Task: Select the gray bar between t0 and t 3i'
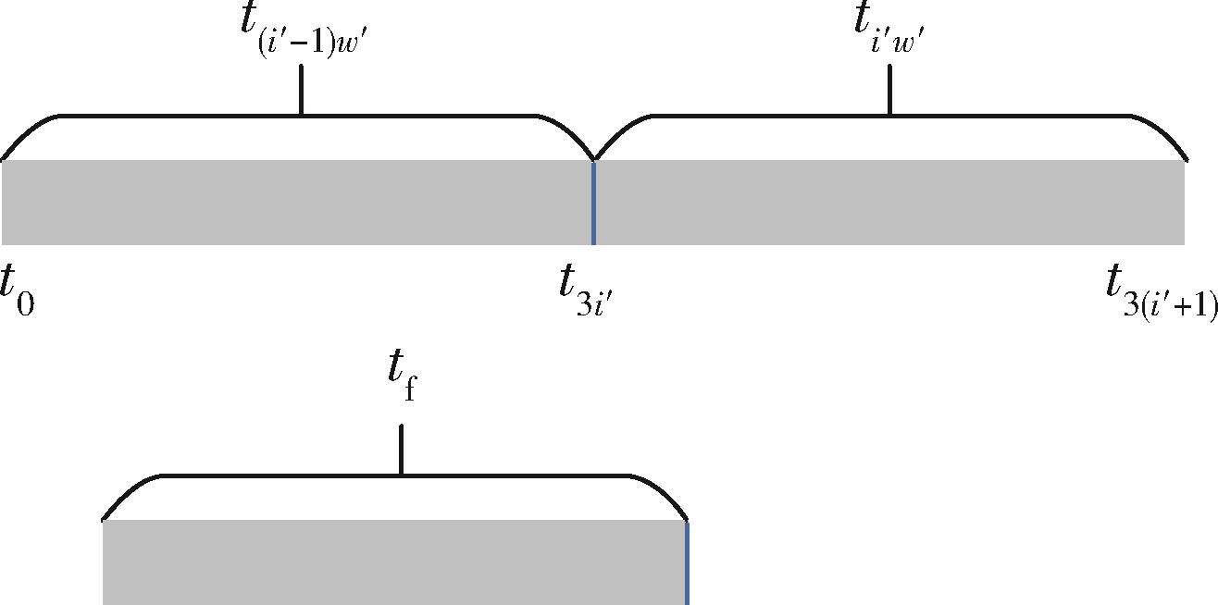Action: point(296,203)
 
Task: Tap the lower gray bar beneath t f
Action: point(393,562)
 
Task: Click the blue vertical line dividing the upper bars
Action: point(593,203)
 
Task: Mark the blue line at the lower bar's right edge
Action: point(687,562)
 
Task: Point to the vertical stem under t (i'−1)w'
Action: point(302,95)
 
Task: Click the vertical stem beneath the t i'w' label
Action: point(890,95)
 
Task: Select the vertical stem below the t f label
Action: point(401,451)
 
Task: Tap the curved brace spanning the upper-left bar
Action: point(185,117)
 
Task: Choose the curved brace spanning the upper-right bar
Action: point(1018,117)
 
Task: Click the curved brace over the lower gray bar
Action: point(278,475)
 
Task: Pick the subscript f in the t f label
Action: point(410,389)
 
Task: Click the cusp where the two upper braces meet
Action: point(593,158)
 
